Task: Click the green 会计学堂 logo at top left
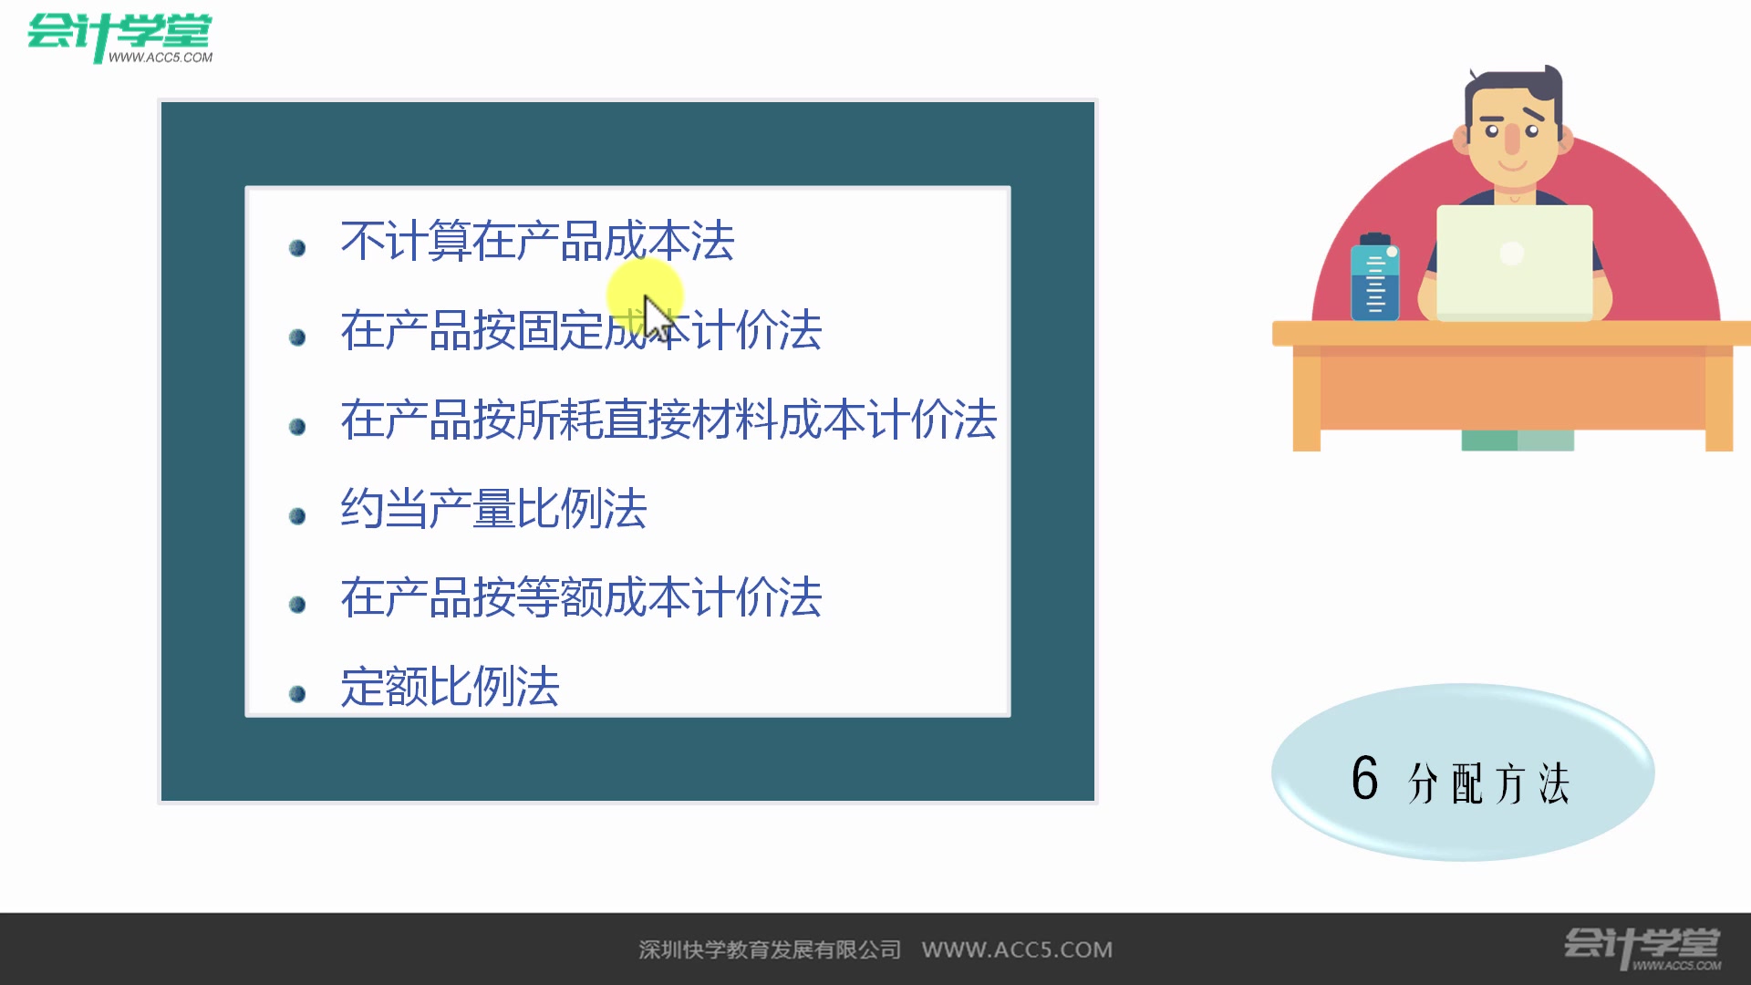[119, 36]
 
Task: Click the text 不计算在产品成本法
[537, 242]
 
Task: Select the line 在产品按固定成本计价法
[581, 330]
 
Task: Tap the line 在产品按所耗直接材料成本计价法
[668, 420]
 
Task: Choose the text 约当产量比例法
[493, 509]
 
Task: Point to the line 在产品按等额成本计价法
[581, 598]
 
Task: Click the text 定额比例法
[450, 687]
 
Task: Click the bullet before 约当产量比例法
[297, 516]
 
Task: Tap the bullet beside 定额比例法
[297, 694]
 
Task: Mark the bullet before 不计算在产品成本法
[297, 248]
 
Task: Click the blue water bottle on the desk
[1375, 278]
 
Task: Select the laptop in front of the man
[1514, 262]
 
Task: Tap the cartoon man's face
[1512, 137]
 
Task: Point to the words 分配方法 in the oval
[1489, 783]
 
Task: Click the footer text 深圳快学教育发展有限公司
[770, 949]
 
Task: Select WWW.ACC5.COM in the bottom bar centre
[1017, 949]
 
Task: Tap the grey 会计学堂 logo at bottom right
[1642, 948]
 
